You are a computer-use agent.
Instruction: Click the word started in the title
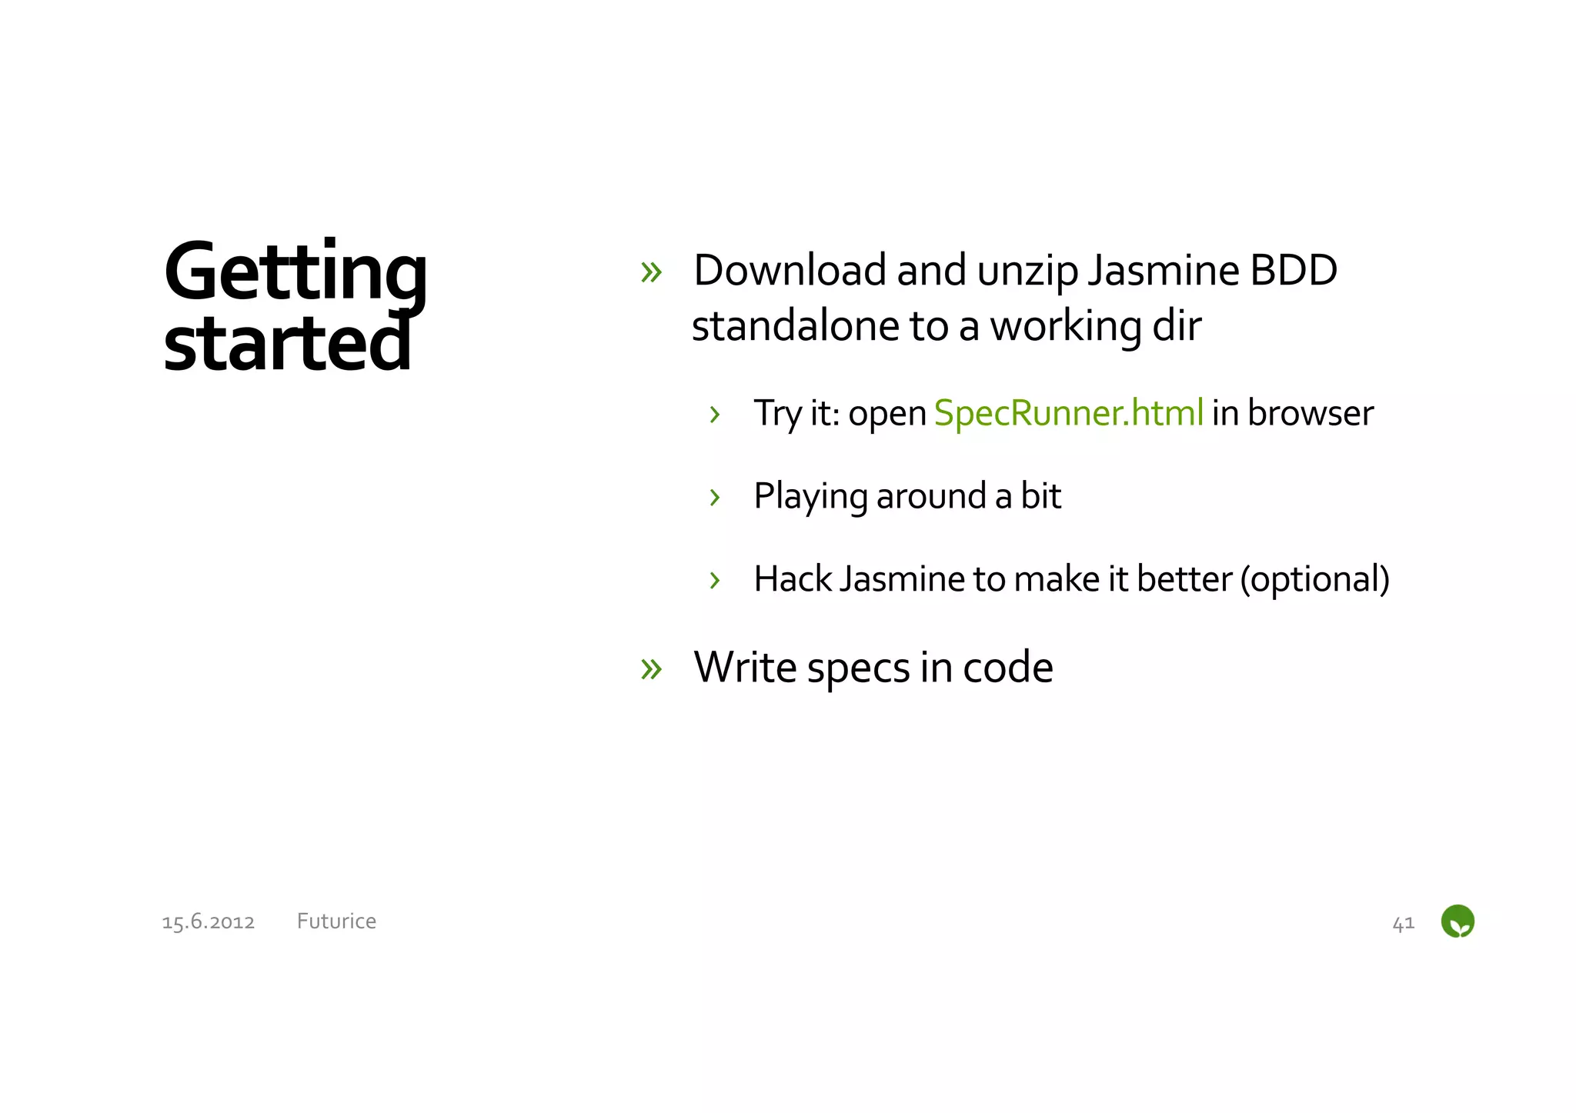(287, 344)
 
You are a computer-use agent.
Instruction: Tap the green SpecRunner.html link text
(1068, 413)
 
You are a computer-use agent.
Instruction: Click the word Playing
(810, 496)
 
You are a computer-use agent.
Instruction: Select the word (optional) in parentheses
(1314, 579)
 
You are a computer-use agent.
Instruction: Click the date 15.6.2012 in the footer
(208, 921)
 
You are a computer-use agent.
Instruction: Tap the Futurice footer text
(336, 921)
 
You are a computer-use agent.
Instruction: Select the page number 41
(1403, 922)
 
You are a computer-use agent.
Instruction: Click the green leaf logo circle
(1457, 921)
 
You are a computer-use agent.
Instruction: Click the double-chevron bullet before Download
(651, 272)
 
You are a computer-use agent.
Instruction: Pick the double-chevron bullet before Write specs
(651, 668)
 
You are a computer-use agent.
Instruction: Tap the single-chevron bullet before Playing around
(715, 497)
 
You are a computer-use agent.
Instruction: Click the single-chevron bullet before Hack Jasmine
(715, 580)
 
